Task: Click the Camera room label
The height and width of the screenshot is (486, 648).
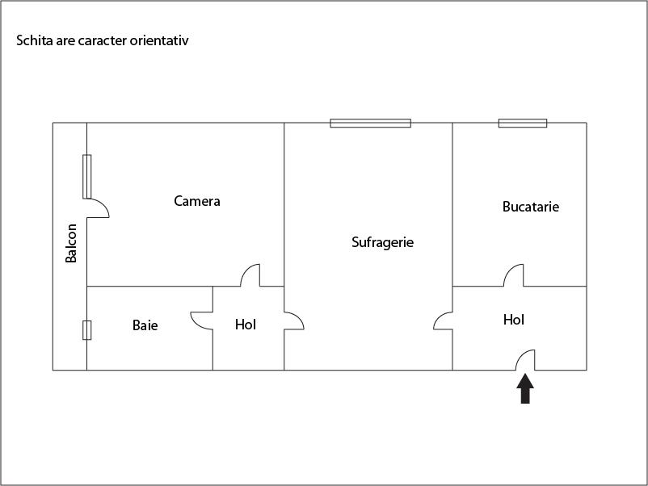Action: [197, 201]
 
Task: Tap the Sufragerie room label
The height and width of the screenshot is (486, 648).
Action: [383, 241]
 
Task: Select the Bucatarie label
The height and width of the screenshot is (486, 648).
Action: [531, 207]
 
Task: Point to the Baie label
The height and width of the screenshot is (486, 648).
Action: [145, 325]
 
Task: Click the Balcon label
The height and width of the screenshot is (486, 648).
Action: [72, 243]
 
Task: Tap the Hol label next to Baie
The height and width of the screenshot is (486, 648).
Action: [246, 325]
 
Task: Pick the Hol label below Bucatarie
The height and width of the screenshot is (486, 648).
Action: [514, 320]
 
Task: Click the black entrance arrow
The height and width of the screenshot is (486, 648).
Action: [525, 388]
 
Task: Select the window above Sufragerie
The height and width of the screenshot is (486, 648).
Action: [370, 123]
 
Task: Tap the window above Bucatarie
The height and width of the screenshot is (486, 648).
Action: [522, 123]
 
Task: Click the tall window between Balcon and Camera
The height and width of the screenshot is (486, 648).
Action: [86, 176]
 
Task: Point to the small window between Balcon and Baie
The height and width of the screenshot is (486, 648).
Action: [86, 330]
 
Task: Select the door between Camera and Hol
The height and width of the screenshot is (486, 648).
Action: [250, 275]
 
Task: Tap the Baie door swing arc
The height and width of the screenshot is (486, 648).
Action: [200, 320]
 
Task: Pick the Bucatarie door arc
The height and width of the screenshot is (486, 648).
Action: [514, 276]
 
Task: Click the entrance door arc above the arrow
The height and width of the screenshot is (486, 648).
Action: [526, 360]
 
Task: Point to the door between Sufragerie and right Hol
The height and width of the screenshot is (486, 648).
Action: [443, 321]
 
